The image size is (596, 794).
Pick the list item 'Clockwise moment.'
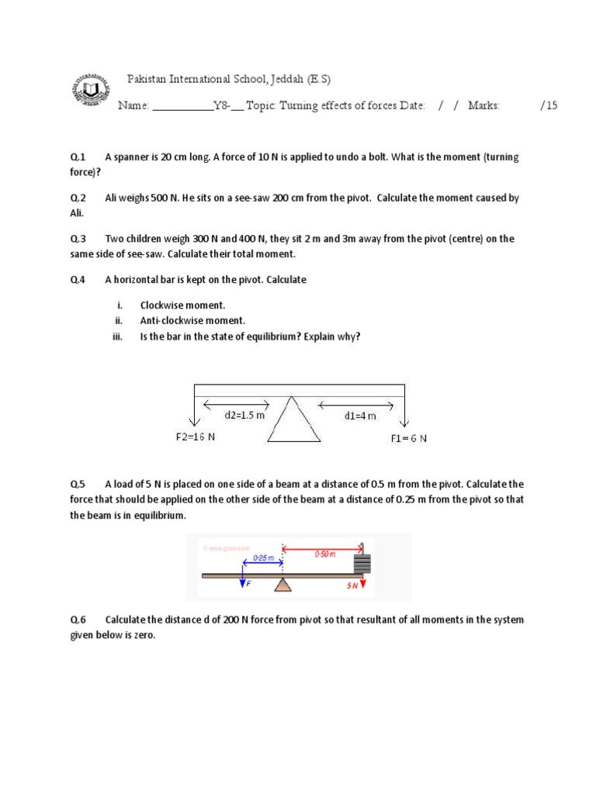click(182, 306)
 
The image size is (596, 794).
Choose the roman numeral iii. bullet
click(119, 336)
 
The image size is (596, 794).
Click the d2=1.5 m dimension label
click(244, 415)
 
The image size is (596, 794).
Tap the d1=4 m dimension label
click(360, 416)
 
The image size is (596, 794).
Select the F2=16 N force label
click(195, 437)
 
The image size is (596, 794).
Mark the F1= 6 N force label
click(409, 438)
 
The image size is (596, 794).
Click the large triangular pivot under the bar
click(294, 421)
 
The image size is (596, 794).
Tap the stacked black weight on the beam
click(362, 562)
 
